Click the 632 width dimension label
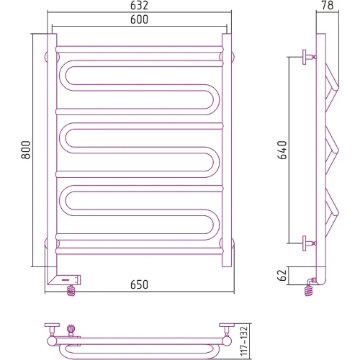[139, 5]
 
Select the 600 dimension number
[139, 19]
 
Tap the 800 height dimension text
[26, 150]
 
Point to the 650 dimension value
[139, 284]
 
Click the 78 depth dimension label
[328, 5]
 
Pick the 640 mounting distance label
[282, 150]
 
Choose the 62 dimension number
[282, 275]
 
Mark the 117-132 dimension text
[243, 341]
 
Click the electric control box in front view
[64, 279]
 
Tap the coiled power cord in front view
[71, 290]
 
